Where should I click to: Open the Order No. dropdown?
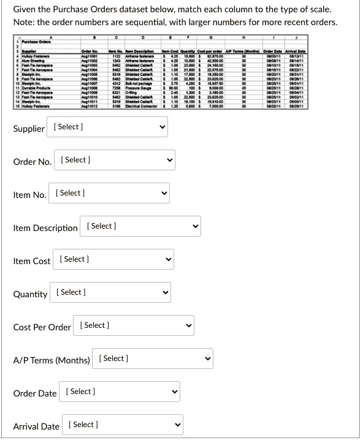pos(117,161)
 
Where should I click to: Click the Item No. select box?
pos(110,194)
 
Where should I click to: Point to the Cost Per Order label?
pos(42,327)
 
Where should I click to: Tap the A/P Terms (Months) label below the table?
pos(52,360)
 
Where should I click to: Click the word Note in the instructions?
pos(24,23)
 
